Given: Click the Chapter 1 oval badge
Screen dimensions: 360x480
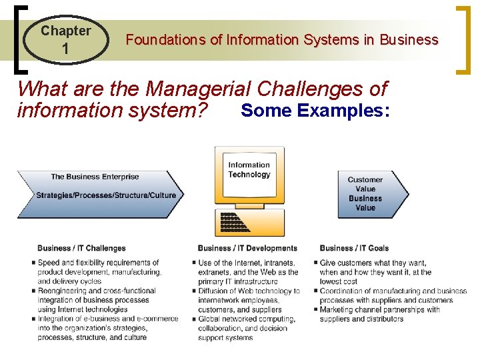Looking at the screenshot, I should [x=65, y=39].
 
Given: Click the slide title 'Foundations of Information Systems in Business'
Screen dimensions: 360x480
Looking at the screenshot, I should [x=282, y=40].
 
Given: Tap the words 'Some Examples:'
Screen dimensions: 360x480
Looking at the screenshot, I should [x=315, y=110].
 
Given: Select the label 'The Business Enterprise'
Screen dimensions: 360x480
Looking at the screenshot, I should [x=95, y=177].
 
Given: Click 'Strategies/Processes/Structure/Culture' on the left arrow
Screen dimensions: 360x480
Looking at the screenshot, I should [x=105, y=195].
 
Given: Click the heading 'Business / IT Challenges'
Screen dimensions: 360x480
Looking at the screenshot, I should [x=81, y=248].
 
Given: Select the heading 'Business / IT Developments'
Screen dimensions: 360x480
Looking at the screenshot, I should [x=247, y=248].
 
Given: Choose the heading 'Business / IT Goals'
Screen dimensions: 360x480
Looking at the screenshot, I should [x=354, y=248].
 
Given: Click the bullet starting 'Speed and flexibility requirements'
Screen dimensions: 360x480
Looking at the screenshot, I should [x=100, y=272].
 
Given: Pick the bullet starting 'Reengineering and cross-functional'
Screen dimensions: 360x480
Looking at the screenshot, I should [x=100, y=300].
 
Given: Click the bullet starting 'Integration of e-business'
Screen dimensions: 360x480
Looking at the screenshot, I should [x=107, y=328].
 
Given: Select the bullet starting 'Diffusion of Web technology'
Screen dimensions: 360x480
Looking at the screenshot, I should [x=248, y=300].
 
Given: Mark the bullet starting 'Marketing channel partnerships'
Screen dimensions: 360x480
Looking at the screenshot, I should [x=380, y=314].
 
